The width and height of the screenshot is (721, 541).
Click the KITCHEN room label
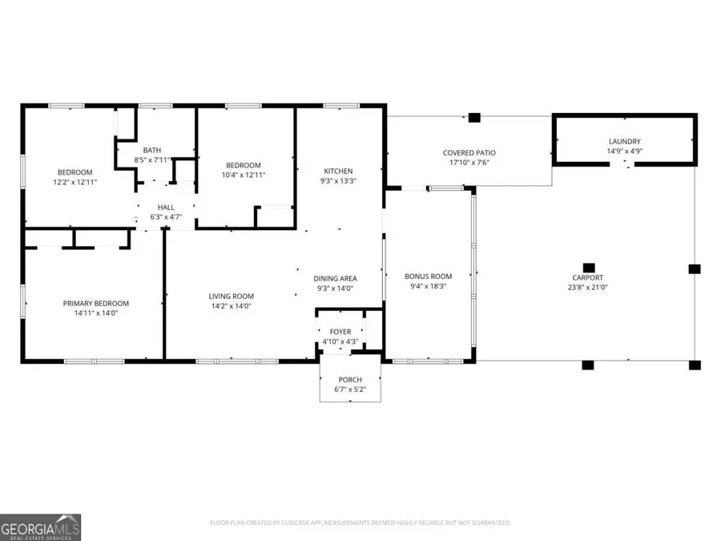(x=337, y=171)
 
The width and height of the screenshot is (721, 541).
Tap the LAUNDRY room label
(x=624, y=141)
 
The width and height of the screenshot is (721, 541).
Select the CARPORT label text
(x=588, y=277)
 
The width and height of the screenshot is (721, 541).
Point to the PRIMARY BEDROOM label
(x=96, y=303)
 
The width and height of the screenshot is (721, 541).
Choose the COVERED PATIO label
(x=469, y=152)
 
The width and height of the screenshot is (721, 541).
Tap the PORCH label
(x=350, y=379)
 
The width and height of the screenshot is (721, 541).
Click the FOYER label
(x=340, y=331)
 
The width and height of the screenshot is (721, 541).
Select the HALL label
(x=166, y=208)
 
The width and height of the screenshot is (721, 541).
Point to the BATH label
(x=152, y=150)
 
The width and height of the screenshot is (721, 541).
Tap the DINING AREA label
(x=335, y=278)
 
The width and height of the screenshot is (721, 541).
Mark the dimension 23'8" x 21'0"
(x=588, y=287)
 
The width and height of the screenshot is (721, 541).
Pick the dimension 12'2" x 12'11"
(x=75, y=182)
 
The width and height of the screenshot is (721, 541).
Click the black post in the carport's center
(x=589, y=268)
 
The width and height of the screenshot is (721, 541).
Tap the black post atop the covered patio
(x=474, y=118)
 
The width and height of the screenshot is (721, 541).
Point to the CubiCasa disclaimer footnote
(x=360, y=523)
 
